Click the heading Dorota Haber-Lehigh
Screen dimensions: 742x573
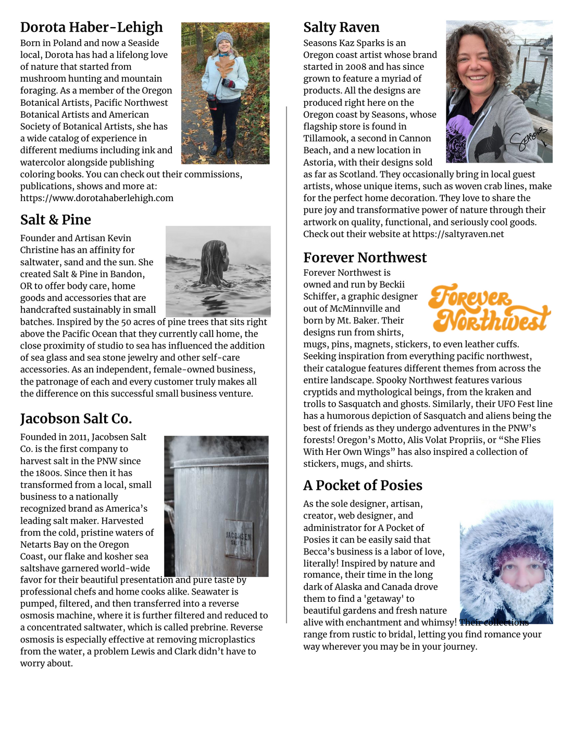(x=91, y=27)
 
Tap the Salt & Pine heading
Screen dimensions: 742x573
(x=55, y=220)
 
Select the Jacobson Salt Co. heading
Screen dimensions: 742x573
(x=76, y=419)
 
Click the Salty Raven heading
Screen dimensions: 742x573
(x=341, y=27)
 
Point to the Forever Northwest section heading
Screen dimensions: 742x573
(x=365, y=257)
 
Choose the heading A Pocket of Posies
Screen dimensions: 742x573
(x=363, y=486)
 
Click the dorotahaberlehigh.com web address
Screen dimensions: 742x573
(x=97, y=198)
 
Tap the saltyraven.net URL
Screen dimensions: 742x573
(x=458, y=234)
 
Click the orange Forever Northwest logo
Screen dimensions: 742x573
(x=489, y=308)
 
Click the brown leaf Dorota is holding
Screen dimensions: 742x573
(x=226, y=66)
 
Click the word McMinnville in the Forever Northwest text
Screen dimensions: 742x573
(x=356, y=308)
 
